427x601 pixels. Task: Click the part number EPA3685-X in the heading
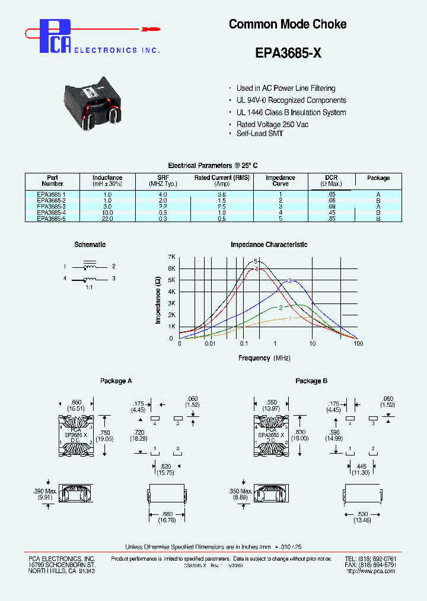288,52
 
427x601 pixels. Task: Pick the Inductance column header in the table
107,181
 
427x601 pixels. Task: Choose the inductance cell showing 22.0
107,219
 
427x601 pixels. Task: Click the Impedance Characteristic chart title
269,245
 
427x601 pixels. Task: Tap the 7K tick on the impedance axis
172,257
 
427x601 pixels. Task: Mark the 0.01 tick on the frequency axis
210,344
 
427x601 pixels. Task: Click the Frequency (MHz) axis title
263,358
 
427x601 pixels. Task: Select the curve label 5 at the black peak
256,261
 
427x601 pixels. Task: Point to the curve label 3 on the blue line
290,280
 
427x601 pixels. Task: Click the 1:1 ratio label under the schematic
90,287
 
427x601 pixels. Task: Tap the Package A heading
116,381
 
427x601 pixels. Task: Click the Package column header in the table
378,178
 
